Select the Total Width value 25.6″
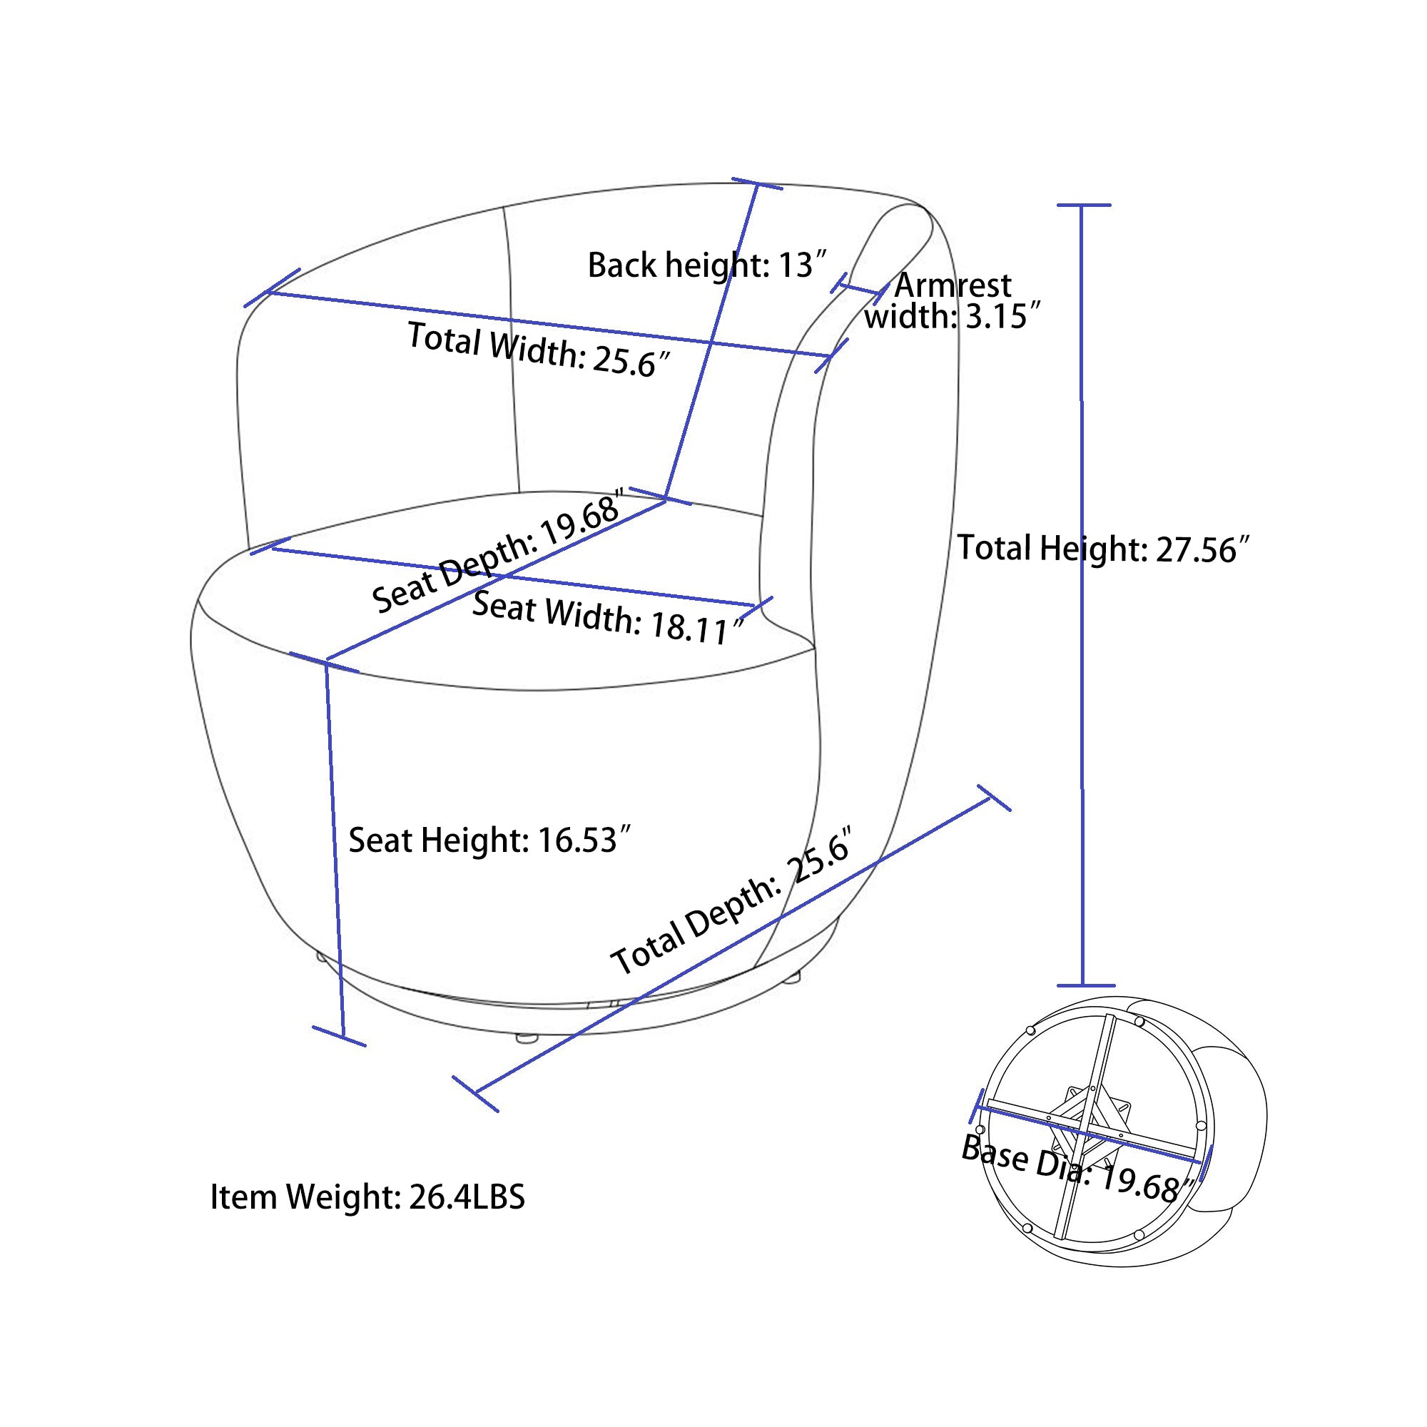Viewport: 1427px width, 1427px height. [x=632, y=362]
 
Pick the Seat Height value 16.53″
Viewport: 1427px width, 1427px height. [x=584, y=841]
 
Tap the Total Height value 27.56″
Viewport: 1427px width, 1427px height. [x=1202, y=550]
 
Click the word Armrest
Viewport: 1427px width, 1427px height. [x=953, y=285]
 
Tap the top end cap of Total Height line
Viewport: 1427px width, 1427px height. [x=1083, y=205]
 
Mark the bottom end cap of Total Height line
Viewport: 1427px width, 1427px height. [x=1085, y=985]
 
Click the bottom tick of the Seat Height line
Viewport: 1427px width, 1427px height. [x=339, y=1036]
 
